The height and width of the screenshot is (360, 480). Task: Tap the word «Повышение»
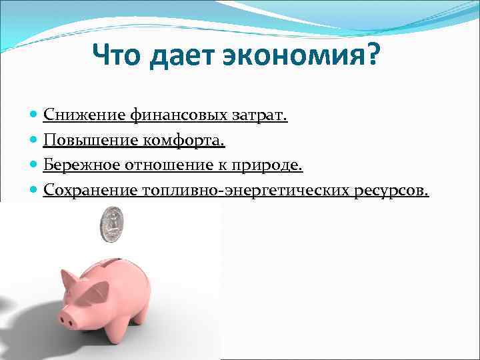coord(90,141)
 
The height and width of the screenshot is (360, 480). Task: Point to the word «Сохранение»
coord(90,191)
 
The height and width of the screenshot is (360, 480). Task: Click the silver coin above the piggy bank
coord(112,225)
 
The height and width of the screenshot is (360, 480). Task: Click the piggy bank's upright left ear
coord(68,279)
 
